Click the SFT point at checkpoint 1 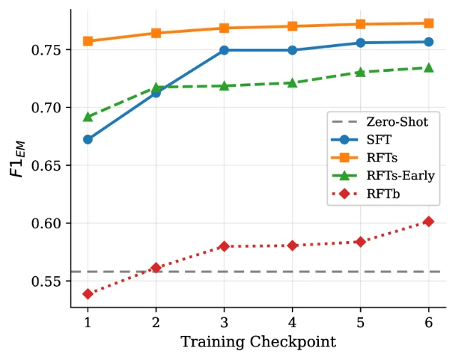(88, 139)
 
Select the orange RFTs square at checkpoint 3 (224, 28)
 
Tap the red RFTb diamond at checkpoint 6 (429, 222)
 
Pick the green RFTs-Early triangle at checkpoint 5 (360, 72)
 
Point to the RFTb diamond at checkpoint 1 (88, 294)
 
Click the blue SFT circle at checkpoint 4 (292, 50)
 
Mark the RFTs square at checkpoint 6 (429, 23)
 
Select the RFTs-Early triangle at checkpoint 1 (88, 117)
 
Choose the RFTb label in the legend (383, 194)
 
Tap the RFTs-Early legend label (400, 176)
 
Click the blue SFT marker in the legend (345, 140)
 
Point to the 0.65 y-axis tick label (46, 166)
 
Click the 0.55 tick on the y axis (46, 281)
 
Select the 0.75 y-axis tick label (46, 50)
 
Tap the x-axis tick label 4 (292, 322)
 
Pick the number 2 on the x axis (156, 322)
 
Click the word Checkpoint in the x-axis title (293, 342)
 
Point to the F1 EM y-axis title (17, 159)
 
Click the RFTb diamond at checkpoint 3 (224, 246)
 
